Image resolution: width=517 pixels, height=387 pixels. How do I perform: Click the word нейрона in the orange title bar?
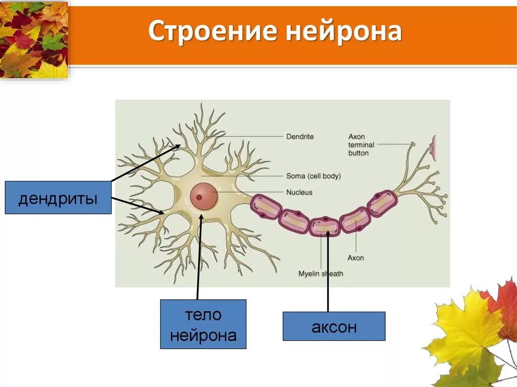[343, 32]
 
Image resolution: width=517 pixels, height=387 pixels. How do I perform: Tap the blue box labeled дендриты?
[58, 198]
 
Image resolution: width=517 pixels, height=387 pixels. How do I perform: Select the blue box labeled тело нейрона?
[203, 324]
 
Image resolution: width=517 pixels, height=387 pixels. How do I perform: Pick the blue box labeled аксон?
[334, 326]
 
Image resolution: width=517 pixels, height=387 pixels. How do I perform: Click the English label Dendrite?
[300, 136]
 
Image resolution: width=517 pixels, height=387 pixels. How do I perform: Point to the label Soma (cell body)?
[313, 176]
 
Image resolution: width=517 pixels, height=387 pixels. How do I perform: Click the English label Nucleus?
[299, 192]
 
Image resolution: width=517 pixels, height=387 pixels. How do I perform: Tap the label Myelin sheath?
[321, 274]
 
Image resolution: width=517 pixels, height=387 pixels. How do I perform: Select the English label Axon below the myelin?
[355, 258]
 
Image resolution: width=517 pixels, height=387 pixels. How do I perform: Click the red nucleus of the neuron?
[204, 196]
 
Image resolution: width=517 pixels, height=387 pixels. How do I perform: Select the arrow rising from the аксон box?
[328, 272]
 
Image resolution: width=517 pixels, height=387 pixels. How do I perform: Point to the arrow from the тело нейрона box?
[199, 257]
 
